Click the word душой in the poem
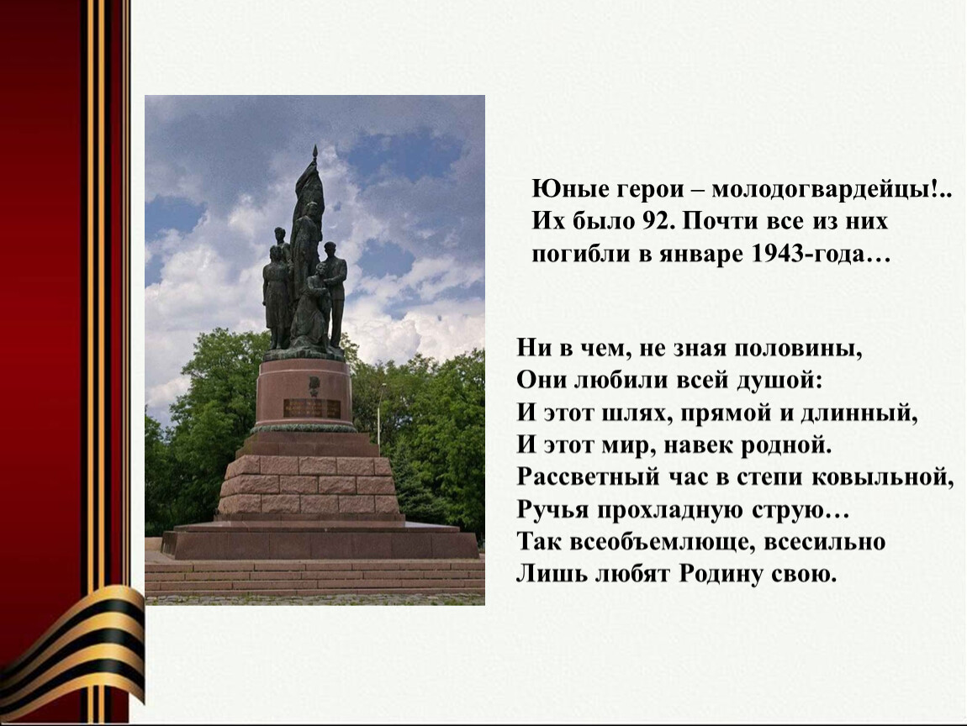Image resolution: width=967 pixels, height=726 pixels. pos(779,381)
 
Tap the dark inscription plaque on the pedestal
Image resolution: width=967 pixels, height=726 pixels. pos(312,408)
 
